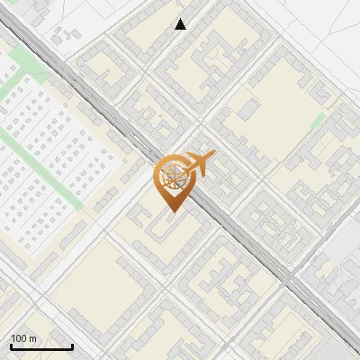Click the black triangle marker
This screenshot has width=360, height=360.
[181, 24]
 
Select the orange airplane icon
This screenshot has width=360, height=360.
[198, 164]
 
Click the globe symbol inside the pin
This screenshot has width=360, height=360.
[172, 177]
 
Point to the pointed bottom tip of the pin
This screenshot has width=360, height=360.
[173, 211]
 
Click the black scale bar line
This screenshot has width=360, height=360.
[41, 346]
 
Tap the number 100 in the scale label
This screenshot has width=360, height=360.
[20, 338]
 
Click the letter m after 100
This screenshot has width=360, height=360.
[33, 338]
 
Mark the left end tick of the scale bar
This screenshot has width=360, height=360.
[11, 345]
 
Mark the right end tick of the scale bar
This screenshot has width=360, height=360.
[72, 345]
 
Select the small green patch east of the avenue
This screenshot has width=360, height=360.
[318, 121]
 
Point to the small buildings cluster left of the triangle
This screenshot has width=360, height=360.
[63, 36]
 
